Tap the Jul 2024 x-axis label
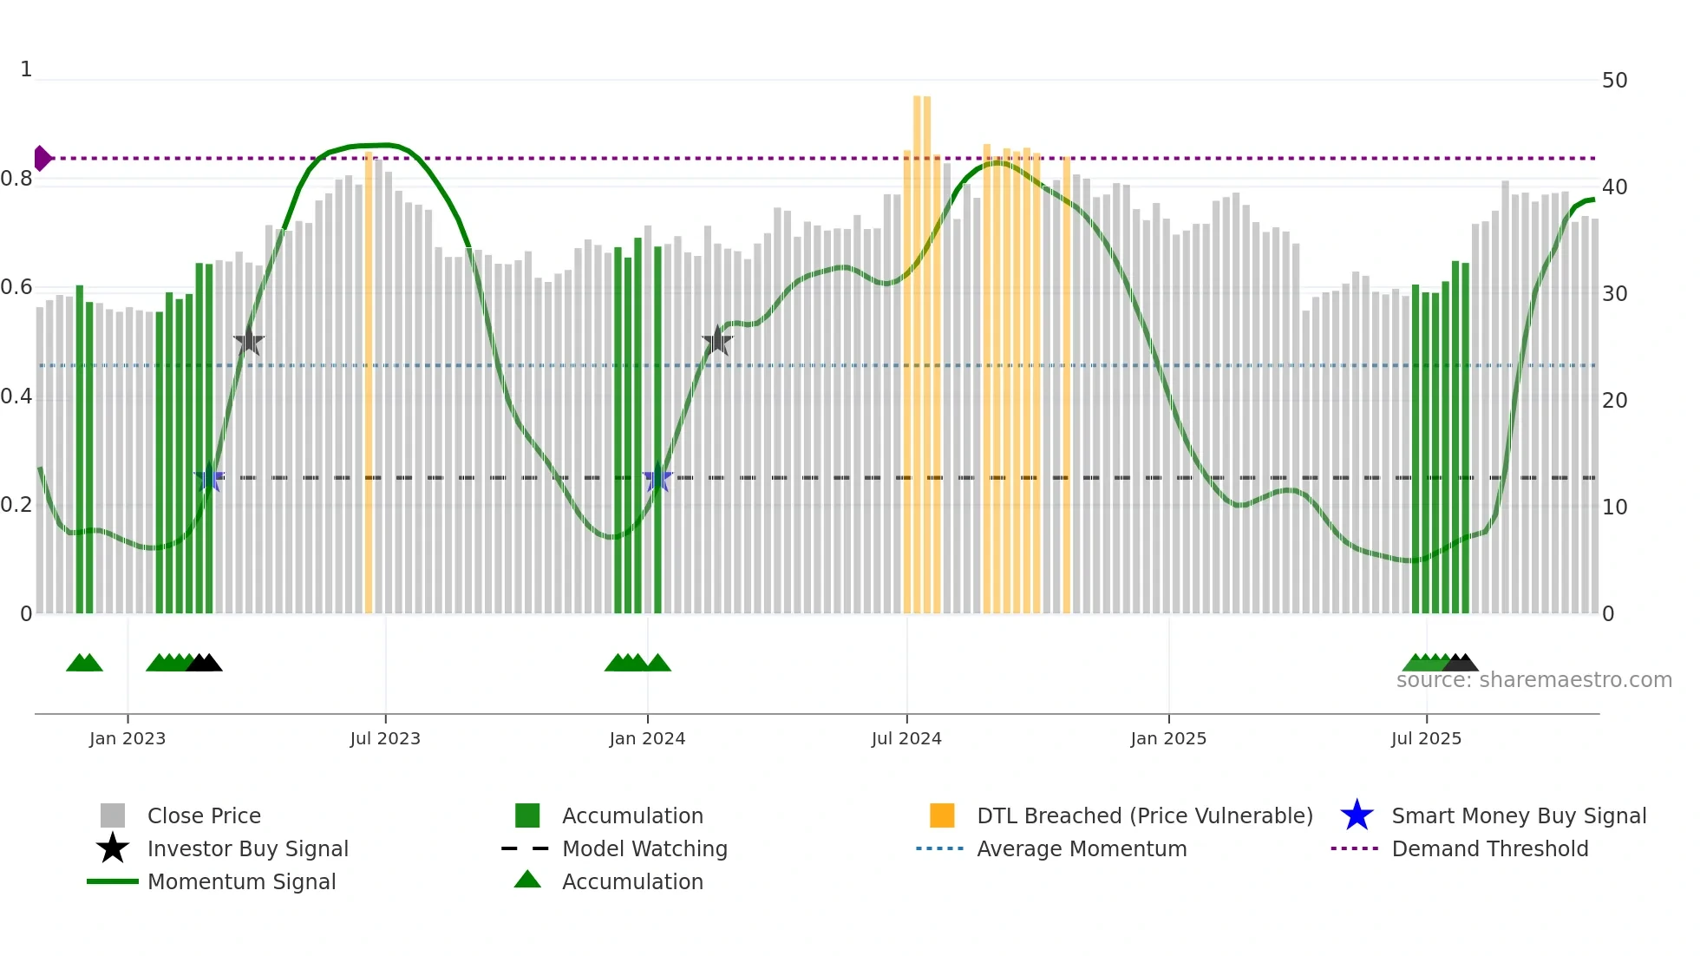pyautogui.click(x=906, y=738)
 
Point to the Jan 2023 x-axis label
pyautogui.click(x=127, y=738)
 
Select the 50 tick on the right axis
pyautogui.click(x=1614, y=81)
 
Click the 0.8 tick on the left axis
pyautogui.click(x=16, y=180)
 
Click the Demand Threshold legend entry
pyautogui.click(x=1489, y=848)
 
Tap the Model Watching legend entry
pyautogui.click(x=644, y=848)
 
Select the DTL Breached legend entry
pyautogui.click(x=1144, y=815)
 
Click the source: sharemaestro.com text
pyautogui.click(x=1533, y=680)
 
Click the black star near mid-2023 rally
pyautogui.click(x=249, y=342)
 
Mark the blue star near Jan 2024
pyautogui.click(x=657, y=477)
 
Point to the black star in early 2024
pyautogui.click(x=717, y=341)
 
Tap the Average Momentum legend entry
pyautogui.click(x=1081, y=848)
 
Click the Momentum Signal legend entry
pyautogui.click(x=241, y=881)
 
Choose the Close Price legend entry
pyautogui.click(x=203, y=815)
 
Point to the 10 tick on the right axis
pyautogui.click(x=1614, y=507)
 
